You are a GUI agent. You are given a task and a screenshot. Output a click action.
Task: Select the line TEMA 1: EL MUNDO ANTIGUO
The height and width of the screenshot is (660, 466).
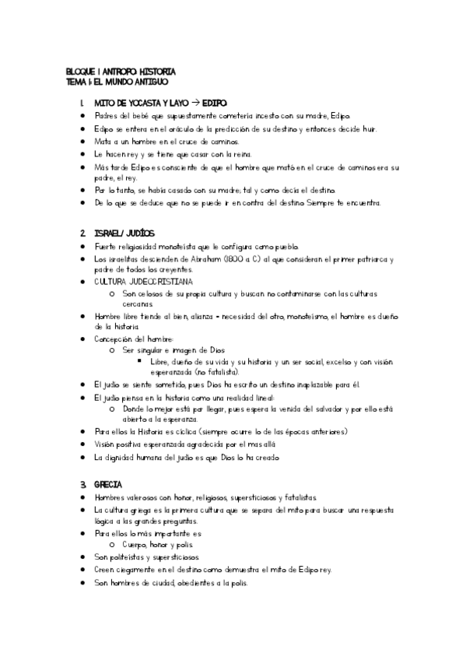pos(117,80)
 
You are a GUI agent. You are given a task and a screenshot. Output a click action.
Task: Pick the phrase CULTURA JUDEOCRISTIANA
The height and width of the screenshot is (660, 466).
pos(144,280)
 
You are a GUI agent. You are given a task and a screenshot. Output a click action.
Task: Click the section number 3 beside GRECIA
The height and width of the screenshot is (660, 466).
pos(82,484)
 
